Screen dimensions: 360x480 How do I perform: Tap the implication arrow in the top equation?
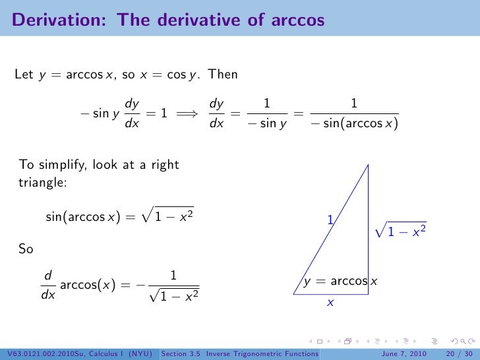[x=188, y=113]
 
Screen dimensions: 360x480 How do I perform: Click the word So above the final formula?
[x=26, y=251]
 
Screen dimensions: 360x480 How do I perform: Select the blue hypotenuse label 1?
[x=330, y=218]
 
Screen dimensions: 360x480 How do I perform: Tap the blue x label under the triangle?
[x=330, y=303]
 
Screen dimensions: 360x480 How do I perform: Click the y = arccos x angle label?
[x=340, y=282]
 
